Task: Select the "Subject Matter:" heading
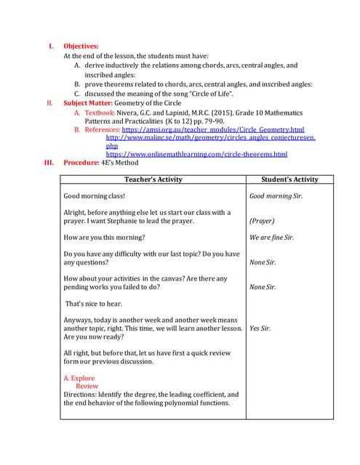point(90,103)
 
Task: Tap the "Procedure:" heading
point(81,163)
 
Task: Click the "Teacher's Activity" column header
point(153,179)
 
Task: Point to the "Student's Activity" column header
point(289,179)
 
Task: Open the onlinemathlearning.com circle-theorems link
point(196,154)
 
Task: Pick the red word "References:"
point(102,129)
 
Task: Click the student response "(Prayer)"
point(262,221)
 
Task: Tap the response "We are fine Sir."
point(271,238)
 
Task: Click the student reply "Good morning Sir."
point(276,196)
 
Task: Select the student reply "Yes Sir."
point(260,328)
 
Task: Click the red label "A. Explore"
point(79,378)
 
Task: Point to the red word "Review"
point(87,387)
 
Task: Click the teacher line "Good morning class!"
point(95,196)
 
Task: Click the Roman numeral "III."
point(50,163)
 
